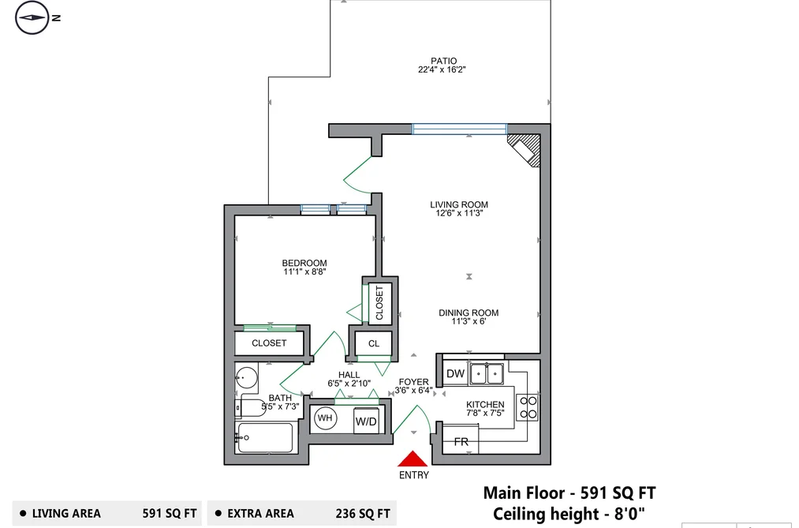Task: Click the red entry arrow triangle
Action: coord(413,459)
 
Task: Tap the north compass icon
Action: coord(32,18)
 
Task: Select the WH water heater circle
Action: coord(325,418)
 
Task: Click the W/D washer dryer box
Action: coord(367,421)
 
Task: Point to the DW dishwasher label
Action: coord(455,373)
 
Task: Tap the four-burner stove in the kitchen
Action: coord(528,407)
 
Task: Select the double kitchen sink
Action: coord(487,373)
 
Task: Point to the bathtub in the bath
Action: coord(265,437)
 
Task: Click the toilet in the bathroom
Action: coord(251,407)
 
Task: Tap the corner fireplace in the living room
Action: coord(525,150)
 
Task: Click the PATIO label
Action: coord(443,61)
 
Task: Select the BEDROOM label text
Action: coord(304,263)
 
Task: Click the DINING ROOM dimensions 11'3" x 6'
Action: coord(469,321)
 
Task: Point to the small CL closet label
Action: coord(374,343)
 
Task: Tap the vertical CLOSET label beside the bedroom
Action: coord(379,303)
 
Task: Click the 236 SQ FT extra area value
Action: coord(363,513)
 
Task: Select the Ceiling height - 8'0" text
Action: coord(569,514)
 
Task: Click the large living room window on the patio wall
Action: coord(460,129)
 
